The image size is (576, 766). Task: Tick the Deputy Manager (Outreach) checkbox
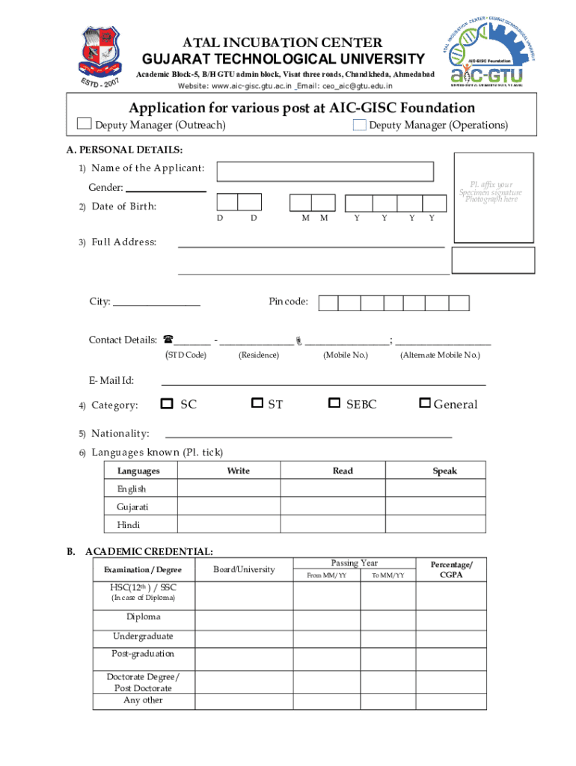(x=85, y=124)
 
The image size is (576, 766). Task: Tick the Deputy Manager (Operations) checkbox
(x=359, y=125)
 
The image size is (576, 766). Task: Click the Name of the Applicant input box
(x=325, y=171)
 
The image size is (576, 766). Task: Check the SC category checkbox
(x=167, y=403)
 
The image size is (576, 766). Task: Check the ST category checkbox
(x=257, y=403)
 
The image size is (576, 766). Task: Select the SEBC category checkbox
(x=334, y=403)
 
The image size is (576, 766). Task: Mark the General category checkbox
(x=425, y=403)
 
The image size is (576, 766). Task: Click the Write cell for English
(x=239, y=488)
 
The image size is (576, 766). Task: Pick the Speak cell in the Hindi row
(x=445, y=525)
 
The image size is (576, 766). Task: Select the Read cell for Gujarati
(x=343, y=507)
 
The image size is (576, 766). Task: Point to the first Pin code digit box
(x=328, y=302)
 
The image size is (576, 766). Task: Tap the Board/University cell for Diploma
(x=244, y=617)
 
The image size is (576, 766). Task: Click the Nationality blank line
(x=308, y=435)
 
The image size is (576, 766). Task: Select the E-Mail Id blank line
(x=323, y=384)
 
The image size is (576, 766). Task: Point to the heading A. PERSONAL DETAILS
(x=125, y=150)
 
